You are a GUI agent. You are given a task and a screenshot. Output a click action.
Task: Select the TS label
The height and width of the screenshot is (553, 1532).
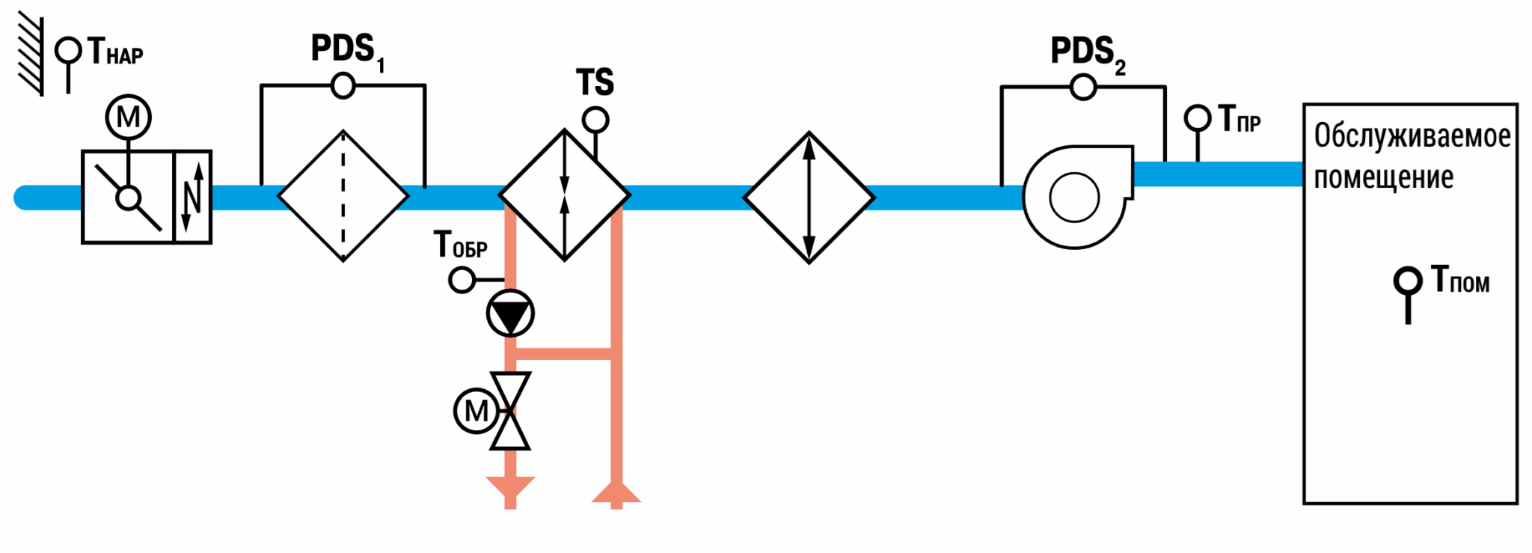595,82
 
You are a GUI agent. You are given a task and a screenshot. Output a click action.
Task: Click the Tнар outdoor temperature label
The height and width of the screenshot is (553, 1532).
115,52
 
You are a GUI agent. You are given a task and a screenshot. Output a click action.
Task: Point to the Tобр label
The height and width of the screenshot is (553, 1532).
461,245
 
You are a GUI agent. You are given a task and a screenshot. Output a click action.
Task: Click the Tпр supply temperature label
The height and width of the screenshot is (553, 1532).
1240,119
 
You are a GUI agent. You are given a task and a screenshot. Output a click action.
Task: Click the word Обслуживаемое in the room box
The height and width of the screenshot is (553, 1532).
1412,136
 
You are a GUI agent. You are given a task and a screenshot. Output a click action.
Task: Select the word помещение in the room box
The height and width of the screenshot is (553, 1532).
1384,178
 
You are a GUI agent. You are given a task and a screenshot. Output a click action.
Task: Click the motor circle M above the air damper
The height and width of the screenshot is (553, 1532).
128,117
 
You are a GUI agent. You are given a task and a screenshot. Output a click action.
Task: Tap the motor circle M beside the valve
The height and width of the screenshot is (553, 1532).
477,411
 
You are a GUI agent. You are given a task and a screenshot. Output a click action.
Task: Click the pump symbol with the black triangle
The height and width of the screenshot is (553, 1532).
510,313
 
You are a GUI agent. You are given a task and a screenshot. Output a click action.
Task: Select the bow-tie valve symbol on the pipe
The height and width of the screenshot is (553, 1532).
510,411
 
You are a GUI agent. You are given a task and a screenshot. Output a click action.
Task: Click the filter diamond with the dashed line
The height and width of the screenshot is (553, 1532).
343,196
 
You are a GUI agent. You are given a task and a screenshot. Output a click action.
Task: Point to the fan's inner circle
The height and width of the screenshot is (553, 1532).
1074,198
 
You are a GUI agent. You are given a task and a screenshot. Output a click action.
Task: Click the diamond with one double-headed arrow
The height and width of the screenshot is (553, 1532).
809,198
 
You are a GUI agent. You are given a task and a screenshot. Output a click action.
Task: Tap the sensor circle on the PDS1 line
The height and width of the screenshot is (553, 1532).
343,86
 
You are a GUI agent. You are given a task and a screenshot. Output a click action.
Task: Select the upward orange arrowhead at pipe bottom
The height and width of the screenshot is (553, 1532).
616,492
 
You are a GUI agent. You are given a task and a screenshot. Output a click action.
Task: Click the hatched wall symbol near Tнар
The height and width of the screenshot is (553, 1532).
31,54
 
